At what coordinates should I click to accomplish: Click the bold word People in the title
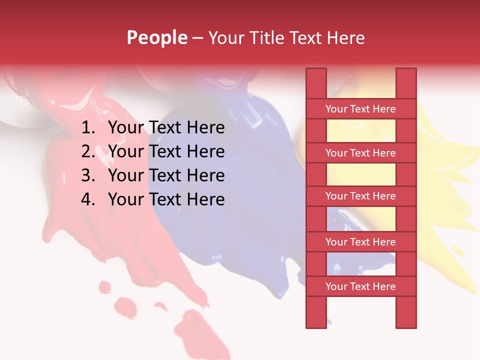click(157, 37)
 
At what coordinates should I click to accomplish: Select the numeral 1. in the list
click(88, 128)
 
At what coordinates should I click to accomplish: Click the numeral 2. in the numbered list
click(88, 151)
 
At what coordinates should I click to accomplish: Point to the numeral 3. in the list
click(88, 175)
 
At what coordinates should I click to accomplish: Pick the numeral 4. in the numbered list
click(88, 199)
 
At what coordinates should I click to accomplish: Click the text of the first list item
click(166, 128)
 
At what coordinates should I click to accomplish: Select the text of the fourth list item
click(166, 199)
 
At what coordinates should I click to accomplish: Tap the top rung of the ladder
click(360, 109)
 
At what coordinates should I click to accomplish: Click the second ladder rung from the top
click(360, 153)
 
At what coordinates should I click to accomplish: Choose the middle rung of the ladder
click(360, 196)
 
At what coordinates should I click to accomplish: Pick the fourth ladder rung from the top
click(360, 242)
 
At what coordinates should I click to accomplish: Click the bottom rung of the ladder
click(360, 286)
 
